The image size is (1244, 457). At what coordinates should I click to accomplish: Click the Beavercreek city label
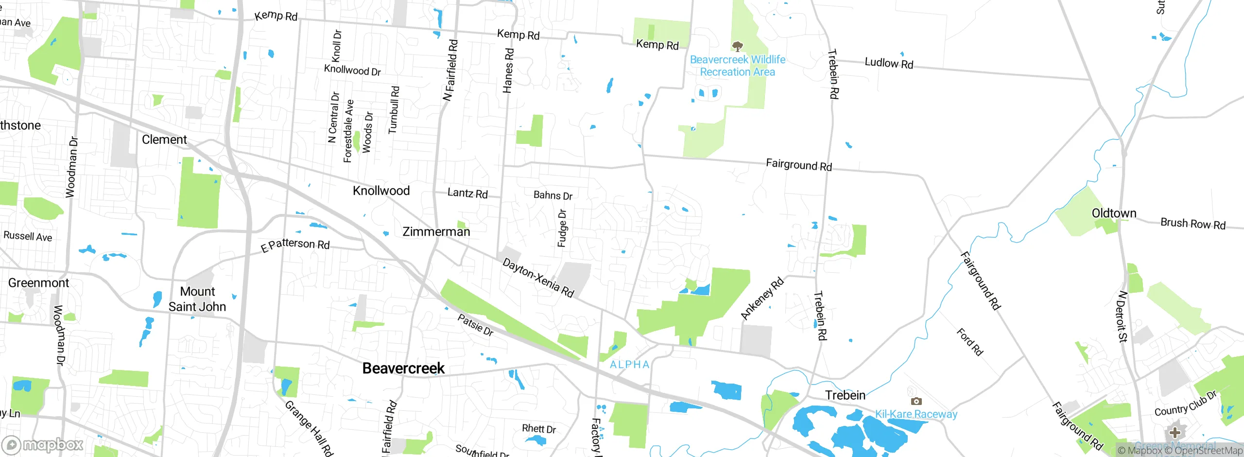tap(403, 369)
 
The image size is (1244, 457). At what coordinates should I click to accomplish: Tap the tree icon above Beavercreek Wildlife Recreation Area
tap(738, 46)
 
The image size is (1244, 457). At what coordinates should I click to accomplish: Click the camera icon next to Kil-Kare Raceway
tap(916, 401)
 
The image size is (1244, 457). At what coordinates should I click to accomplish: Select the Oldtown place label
tap(1114, 213)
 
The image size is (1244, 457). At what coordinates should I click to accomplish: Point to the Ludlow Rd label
tap(889, 63)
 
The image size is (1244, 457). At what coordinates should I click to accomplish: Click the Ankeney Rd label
tap(762, 299)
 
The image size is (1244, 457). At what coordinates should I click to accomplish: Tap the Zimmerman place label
tap(436, 232)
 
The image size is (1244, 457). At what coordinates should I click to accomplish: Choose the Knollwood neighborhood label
tap(381, 191)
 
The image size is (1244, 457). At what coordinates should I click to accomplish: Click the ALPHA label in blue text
tap(629, 365)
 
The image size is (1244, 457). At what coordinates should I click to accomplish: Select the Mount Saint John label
tap(197, 299)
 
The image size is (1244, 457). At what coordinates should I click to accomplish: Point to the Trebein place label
tap(845, 395)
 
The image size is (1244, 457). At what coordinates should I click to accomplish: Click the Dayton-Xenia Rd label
tap(538, 278)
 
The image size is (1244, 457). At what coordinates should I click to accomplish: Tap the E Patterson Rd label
tap(295, 245)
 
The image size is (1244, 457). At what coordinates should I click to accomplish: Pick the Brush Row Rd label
tap(1193, 224)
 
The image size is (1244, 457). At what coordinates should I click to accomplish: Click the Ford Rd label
tap(970, 342)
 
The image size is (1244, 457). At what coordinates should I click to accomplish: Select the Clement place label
tap(164, 140)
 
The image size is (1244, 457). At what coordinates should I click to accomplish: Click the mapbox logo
tap(43, 445)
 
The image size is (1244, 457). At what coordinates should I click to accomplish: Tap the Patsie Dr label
tap(476, 325)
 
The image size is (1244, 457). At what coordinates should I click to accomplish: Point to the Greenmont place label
tap(39, 283)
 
